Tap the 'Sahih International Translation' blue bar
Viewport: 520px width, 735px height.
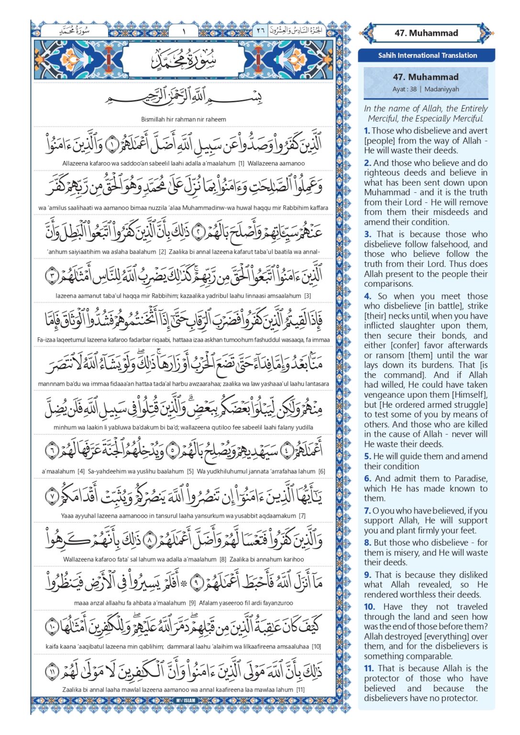click(x=427, y=56)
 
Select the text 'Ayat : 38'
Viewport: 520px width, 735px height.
click(x=404, y=89)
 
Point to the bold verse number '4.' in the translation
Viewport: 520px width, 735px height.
click(x=367, y=296)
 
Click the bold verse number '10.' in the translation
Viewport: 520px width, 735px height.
click(x=369, y=607)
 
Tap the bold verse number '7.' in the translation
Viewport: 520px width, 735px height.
click(x=367, y=511)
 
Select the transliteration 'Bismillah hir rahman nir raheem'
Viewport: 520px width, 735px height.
click(x=184, y=119)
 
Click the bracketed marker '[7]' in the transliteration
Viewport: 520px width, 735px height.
click(x=302, y=516)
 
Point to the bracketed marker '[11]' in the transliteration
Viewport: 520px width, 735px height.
click(x=300, y=690)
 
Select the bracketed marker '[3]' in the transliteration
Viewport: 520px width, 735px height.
click(x=307, y=296)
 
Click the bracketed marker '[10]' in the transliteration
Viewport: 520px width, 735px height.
click(x=316, y=646)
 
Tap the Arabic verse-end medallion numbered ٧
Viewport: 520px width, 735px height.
click(x=52, y=496)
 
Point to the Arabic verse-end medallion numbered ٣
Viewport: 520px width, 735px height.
click(x=52, y=276)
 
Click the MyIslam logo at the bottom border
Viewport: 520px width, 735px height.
click(x=184, y=701)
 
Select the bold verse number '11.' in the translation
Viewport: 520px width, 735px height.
click(x=369, y=668)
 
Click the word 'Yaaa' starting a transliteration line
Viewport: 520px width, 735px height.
click(x=68, y=516)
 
